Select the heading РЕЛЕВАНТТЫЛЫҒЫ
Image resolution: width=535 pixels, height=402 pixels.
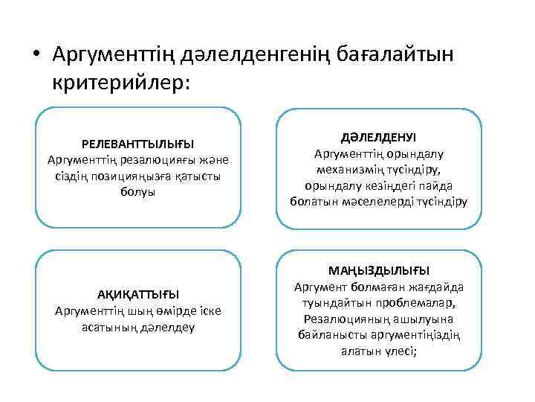pos(138,143)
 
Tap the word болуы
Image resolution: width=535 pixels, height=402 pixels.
pos(138,192)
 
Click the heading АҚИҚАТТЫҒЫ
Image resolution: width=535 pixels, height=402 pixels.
pos(138,293)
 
